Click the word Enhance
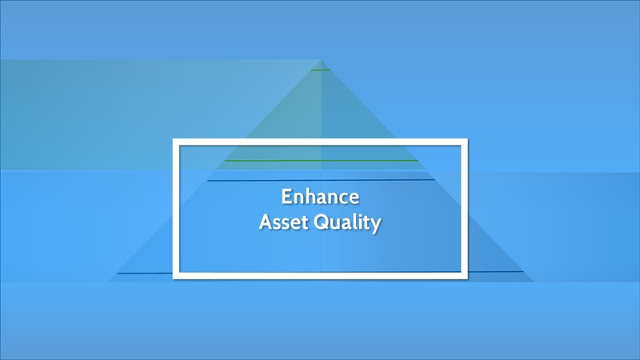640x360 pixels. (321, 197)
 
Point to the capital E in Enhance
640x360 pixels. (286, 197)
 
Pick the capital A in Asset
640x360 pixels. (266, 222)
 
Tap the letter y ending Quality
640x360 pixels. (376, 226)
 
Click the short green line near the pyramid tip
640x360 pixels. (321, 70)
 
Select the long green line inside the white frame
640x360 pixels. (322, 161)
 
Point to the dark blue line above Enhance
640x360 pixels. (321, 179)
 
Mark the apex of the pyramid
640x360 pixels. (321, 61)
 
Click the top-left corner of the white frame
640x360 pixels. (173, 139)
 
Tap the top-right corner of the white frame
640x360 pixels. (467, 139)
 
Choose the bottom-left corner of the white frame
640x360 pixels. (173, 278)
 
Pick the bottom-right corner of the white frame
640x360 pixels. (467, 278)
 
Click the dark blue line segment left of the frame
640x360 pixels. (145, 273)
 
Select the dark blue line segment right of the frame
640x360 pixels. (495, 271)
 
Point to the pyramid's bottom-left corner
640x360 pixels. (108, 282)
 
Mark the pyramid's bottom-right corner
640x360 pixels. (534, 282)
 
